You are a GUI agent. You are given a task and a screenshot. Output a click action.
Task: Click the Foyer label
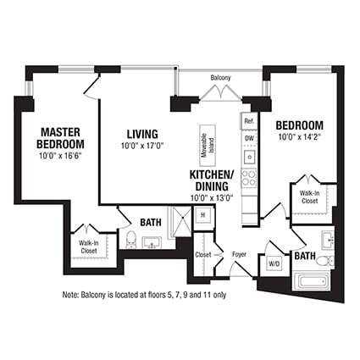click(x=239, y=252)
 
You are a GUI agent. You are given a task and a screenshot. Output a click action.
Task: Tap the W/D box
click(x=274, y=263)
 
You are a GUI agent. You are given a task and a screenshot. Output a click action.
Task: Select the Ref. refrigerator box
click(x=249, y=121)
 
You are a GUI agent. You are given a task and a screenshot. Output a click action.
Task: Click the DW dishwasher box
click(x=249, y=137)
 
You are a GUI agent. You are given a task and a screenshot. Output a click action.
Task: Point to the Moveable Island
click(x=205, y=146)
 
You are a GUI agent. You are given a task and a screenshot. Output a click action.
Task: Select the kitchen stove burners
click(x=249, y=178)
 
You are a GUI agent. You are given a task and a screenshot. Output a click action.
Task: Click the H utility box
click(x=203, y=216)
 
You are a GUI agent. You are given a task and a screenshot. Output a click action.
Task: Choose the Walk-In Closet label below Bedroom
click(x=309, y=197)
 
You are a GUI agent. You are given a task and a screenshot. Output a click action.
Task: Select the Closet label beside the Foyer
click(x=203, y=253)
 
